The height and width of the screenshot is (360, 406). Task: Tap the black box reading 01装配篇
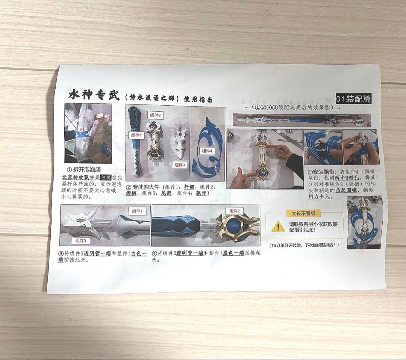353,99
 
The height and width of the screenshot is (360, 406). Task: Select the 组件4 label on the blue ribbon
207,151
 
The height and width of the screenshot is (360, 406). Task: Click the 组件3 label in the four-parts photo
180,164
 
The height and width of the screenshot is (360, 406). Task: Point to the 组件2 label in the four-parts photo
155,115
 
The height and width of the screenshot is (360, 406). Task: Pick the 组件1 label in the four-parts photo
136,135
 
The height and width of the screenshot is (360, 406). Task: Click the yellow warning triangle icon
278,226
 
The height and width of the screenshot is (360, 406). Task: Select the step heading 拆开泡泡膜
86,170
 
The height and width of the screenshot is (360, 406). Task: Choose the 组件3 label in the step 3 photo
82,240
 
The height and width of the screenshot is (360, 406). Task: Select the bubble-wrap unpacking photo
88,133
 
